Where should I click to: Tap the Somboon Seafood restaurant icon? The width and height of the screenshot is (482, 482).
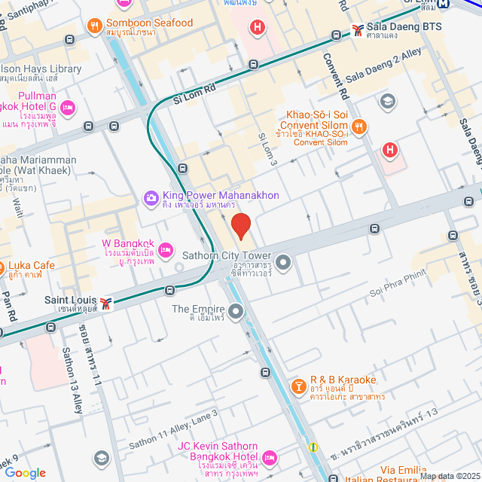(95, 27)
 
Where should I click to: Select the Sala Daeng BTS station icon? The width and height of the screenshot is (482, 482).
(358, 32)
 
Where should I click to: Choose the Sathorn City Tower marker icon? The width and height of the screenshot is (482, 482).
(283, 263)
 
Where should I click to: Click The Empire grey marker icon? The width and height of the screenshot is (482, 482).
(236, 310)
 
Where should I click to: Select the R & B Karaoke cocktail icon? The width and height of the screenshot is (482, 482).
(298, 386)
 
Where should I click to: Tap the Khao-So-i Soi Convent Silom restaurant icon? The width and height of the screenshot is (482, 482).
(358, 127)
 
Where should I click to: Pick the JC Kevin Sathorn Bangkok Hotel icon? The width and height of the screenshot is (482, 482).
(270, 457)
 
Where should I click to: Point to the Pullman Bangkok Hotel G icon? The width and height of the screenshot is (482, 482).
(67, 108)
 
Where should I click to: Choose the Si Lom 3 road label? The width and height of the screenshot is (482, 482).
(269, 150)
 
